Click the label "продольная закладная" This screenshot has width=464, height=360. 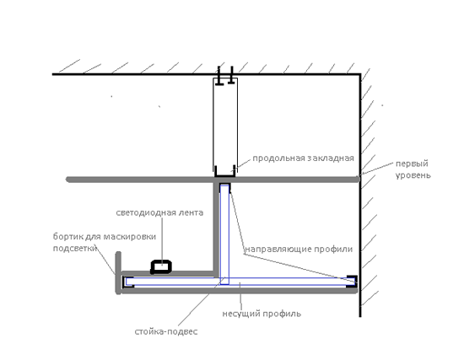(304, 159)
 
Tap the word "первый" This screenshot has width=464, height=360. (412, 164)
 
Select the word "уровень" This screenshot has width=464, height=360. (413, 175)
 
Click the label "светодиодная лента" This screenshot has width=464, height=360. (159, 212)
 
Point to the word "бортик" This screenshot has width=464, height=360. (68, 237)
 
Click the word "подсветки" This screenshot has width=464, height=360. (75, 248)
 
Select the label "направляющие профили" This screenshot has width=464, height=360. (299, 249)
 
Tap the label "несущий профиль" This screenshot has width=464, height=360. (262, 314)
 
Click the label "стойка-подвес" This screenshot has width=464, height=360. (166, 331)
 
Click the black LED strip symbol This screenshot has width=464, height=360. (161, 266)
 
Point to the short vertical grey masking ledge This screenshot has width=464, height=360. (118, 272)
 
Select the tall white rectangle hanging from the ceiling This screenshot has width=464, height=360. (225, 126)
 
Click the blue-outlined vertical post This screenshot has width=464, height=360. (224, 234)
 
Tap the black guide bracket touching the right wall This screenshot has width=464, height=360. (352, 281)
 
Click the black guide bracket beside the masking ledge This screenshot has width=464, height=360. (128, 282)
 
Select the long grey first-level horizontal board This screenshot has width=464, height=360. (213, 180)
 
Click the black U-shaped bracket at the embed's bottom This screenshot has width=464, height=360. (225, 172)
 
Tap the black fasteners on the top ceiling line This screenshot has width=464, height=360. (225, 76)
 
